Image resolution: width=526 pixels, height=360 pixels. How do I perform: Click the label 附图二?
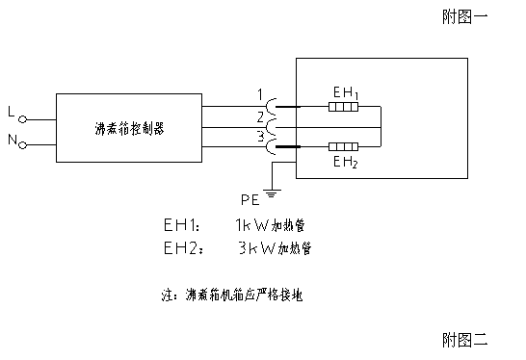(x=466, y=340)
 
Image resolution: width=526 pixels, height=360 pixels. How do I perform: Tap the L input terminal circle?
(x=22, y=118)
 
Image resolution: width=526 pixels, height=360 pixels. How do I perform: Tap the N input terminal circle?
(x=22, y=145)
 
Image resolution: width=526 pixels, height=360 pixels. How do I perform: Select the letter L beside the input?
(x=11, y=114)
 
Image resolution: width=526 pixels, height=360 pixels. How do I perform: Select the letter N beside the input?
(x=11, y=141)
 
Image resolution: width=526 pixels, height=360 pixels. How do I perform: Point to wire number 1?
(x=259, y=94)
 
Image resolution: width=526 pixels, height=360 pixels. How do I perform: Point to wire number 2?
(x=259, y=116)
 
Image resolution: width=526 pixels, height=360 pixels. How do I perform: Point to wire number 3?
(x=259, y=137)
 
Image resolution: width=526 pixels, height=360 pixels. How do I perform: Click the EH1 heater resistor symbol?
(x=344, y=107)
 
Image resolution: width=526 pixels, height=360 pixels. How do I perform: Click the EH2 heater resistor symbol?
(x=344, y=147)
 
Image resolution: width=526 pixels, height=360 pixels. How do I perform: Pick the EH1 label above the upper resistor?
(x=345, y=92)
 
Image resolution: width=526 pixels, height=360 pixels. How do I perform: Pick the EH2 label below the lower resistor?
(x=345, y=163)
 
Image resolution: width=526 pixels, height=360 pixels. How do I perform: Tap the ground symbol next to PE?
(x=272, y=195)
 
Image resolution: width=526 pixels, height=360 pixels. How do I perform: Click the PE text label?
(x=250, y=199)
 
